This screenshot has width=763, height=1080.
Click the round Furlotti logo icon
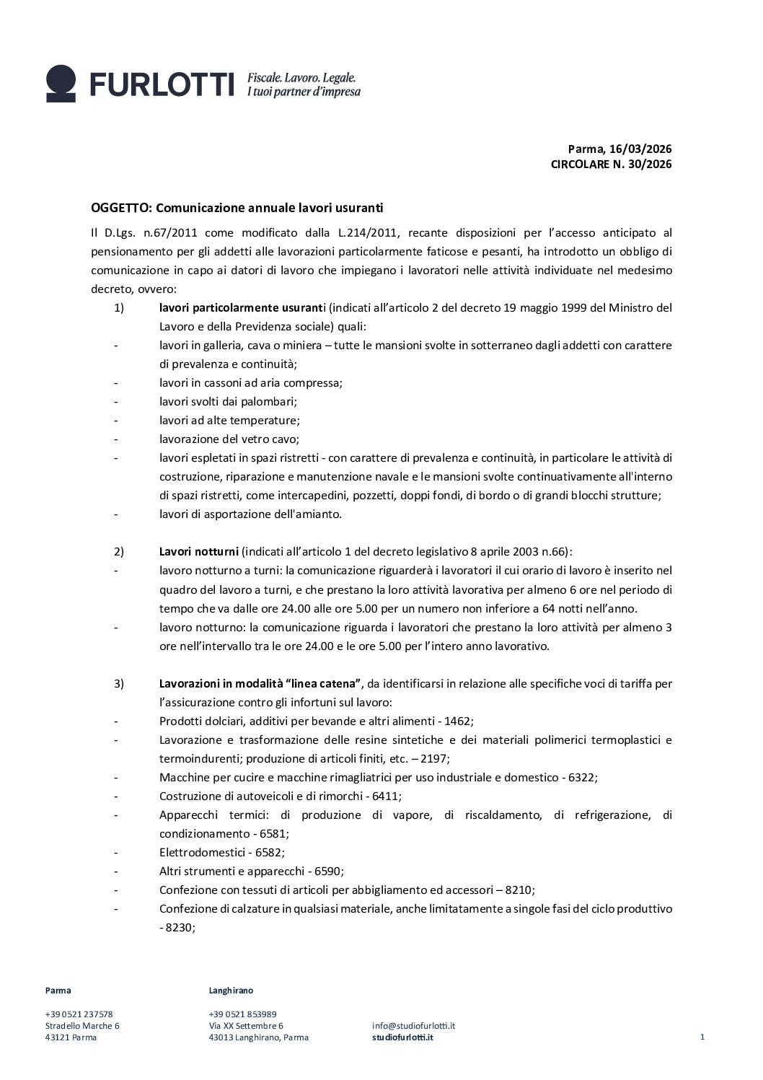tap(61, 83)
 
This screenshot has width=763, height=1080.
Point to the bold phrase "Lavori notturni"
tap(198, 552)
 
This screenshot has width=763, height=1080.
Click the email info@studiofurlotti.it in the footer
tap(413, 1025)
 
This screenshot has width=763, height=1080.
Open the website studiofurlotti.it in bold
tap(403, 1037)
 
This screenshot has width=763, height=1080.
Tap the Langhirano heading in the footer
tap(231, 991)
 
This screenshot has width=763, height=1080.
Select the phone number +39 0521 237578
tap(79, 1014)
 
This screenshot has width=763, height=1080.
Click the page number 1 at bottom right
tap(702, 1037)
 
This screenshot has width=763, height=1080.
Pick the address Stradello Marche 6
tap(82, 1025)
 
